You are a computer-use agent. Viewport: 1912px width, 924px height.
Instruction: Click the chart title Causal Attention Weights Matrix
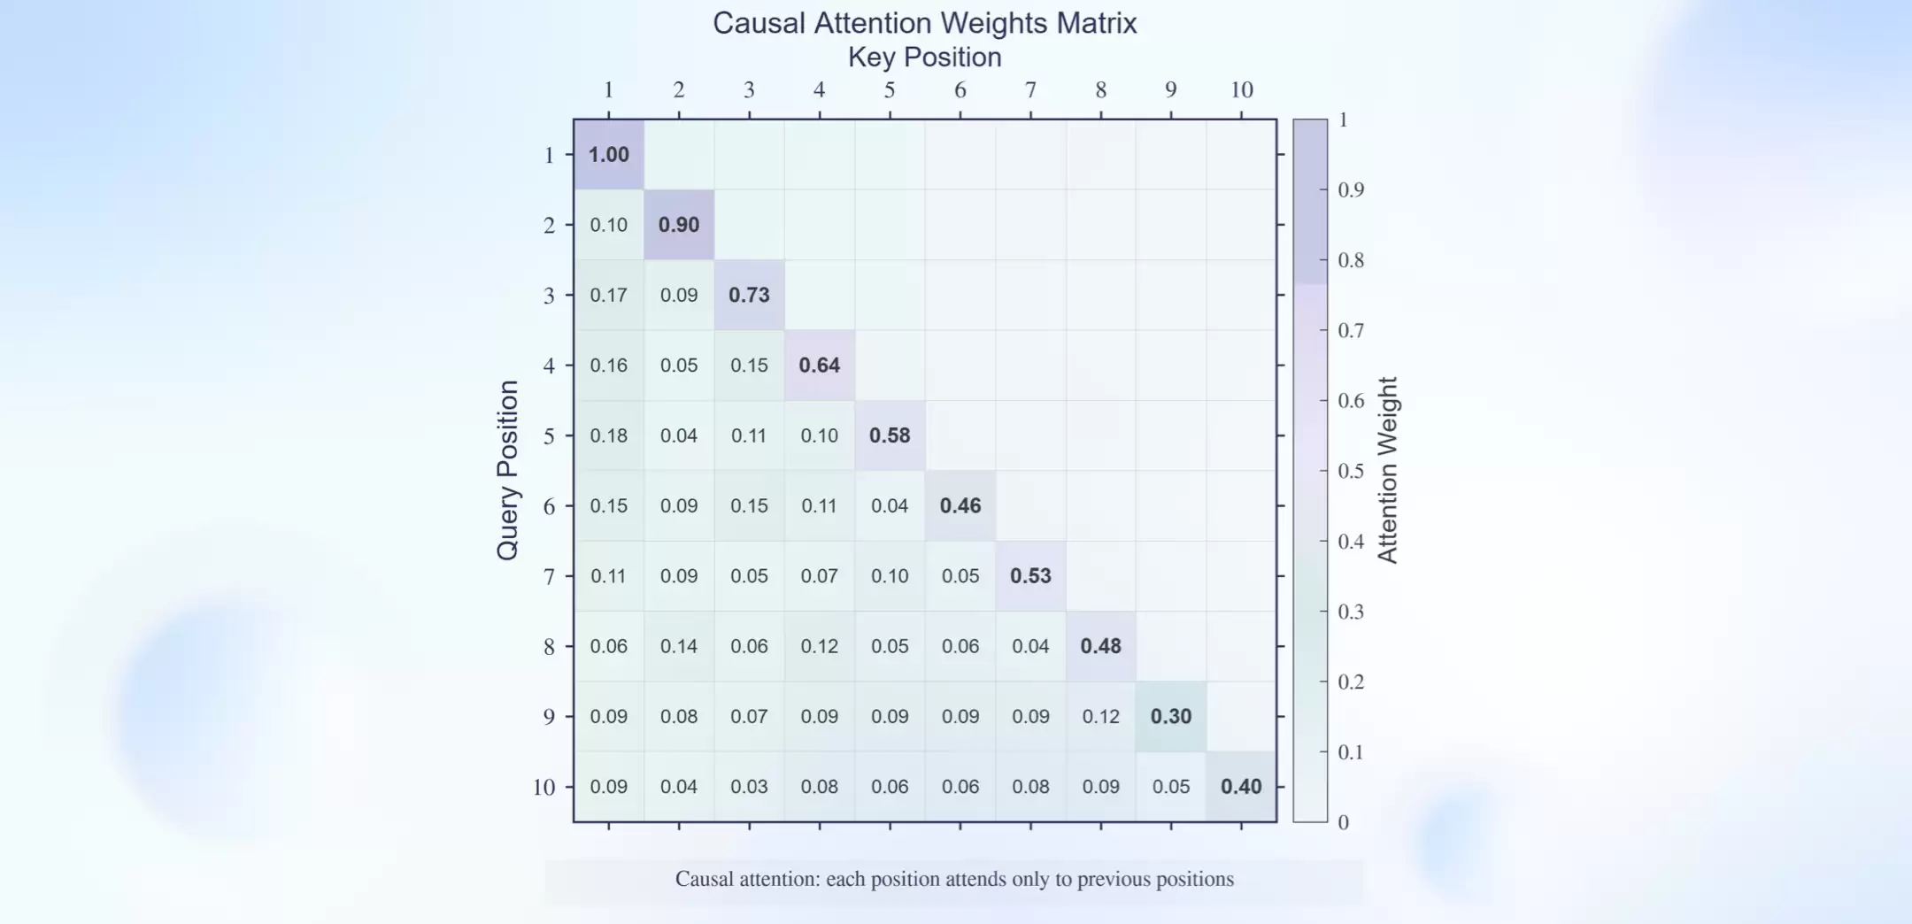click(924, 23)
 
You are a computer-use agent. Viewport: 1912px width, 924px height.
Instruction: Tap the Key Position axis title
click(924, 58)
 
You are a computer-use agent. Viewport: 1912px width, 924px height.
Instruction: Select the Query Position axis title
click(507, 470)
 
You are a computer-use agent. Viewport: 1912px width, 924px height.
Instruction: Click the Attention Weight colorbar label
click(1387, 470)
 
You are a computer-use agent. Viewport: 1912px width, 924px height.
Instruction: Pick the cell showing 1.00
click(609, 155)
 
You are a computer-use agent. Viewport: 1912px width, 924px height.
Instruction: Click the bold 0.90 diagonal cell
click(679, 225)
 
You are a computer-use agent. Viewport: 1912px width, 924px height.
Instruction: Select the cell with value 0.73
click(749, 295)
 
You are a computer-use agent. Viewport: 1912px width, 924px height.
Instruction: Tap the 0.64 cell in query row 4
click(820, 366)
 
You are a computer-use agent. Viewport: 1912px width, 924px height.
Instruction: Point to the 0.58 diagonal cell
click(890, 435)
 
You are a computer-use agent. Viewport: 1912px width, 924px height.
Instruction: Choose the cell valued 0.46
click(960, 505)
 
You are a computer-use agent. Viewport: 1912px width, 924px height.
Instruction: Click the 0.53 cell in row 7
click(1030, 576)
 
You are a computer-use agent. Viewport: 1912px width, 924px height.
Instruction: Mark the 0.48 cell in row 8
click(1100, 646)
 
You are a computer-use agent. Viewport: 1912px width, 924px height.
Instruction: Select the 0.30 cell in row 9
click(1171, 716)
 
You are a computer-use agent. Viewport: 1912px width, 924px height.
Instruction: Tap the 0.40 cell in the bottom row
click(1241, 787)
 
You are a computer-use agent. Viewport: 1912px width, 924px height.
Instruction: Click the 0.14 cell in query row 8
click(679, 646)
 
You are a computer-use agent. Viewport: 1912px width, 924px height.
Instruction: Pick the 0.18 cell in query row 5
click(609, 435)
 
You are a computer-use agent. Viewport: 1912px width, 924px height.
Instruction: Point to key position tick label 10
click(1241, 90)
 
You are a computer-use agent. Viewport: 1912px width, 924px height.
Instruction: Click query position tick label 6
click(549, 506)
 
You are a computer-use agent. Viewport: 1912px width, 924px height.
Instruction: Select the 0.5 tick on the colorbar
click(1351, 471)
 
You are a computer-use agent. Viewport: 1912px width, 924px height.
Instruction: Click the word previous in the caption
click(1110, 879)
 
